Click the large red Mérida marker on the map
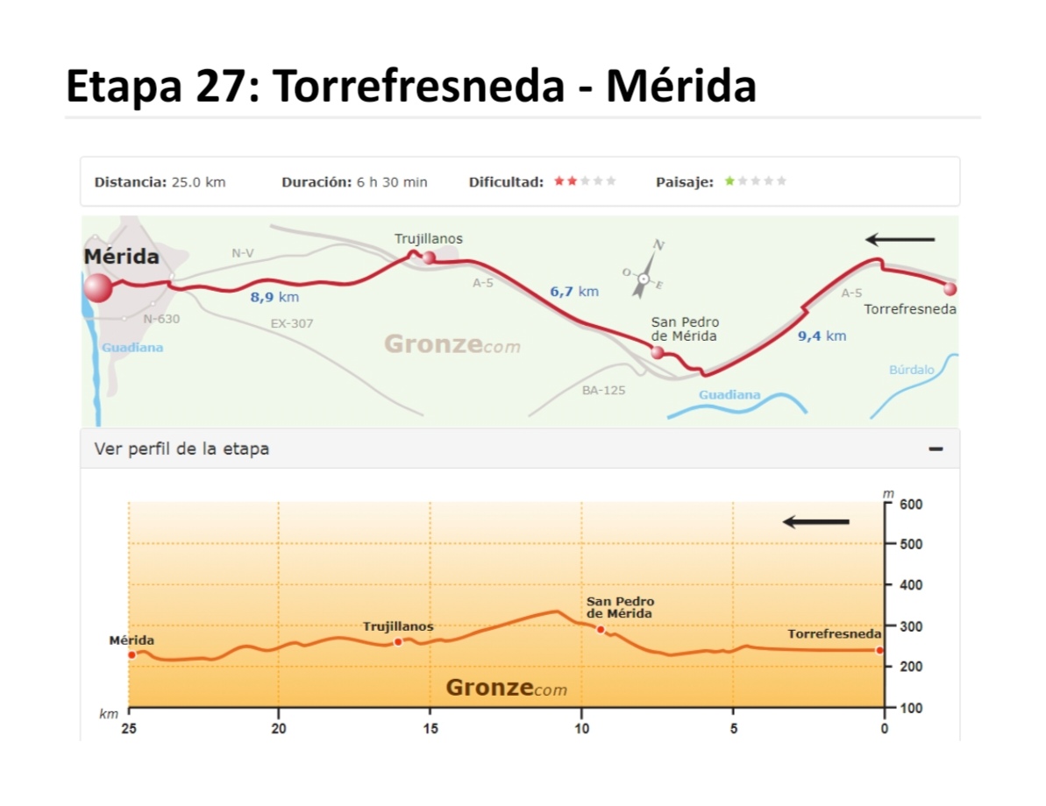pyautogui.click(x=98, y=287)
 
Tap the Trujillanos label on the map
pyautogui.click(x=428, y=238)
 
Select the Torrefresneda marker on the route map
pyautogui.click(x=950, y=288)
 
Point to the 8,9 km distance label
pyautogui.click(x=274, y=297)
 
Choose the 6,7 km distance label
pyautogui.click(x=574, y=292)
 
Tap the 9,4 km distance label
pyautogui.click(x=822, y=336)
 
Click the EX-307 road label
pyautogui.click(x=292, y=323)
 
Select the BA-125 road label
pyautogui.click(x=603, y=390)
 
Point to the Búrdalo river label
pyautogui.click(x=912, y=370)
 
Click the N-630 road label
pyautogui.click(x=161, y=319)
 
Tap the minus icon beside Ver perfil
pyautogui.click(x=936, y=449)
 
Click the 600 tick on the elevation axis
pyautogui.click(x=910, y=504)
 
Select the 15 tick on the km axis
pyautogui.click(x=430, y=728)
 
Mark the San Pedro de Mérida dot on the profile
pyautogui.click(x=601, y=629)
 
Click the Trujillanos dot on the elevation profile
pyautogui.click(x=398, y=642)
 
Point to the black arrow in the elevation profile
pyautogui.click(x=816, y=522)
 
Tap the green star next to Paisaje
pyautogui.click(x=729, y=181)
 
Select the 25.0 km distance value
pyautogui.click(x=197, y=182)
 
